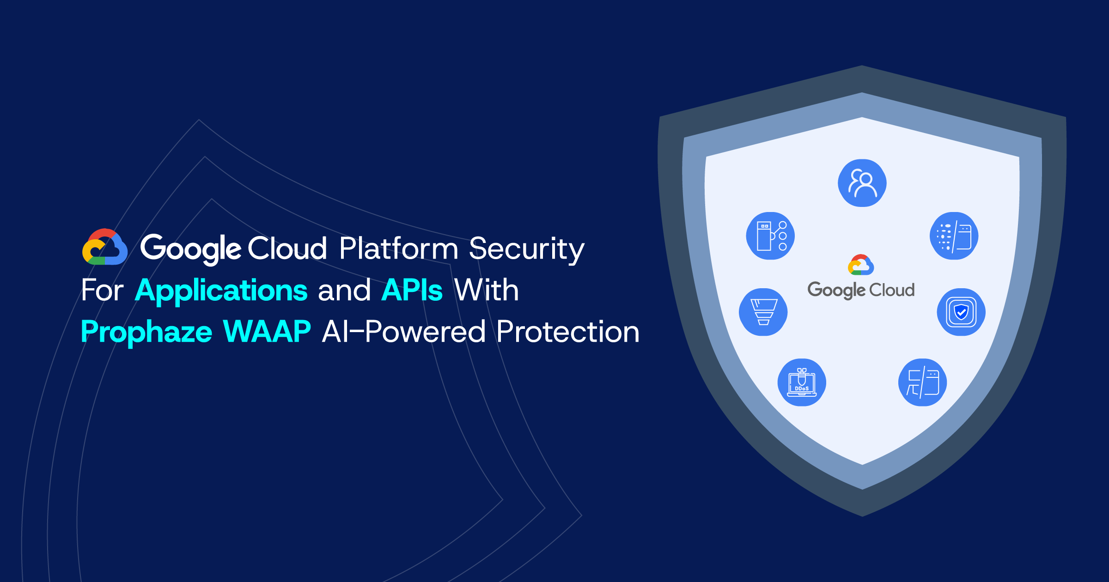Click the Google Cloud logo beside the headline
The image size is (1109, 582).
coord(105,247)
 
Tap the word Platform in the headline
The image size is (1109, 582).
coord(398,249)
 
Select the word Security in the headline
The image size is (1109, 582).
coord(527,249)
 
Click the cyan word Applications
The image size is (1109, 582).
coord(221,291)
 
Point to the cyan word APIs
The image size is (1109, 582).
coord(412,291)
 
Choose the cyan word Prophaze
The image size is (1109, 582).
coord(146,332)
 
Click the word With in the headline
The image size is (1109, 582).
coord(486,291)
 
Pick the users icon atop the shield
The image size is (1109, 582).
coord(862,183)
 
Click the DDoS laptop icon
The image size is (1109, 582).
coord(802,382)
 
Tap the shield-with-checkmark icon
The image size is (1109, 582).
coord(961,312)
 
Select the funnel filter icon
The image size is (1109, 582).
coord(763,312)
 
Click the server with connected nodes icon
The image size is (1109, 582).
coord(770,236)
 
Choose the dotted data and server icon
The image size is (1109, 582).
coord(954,236)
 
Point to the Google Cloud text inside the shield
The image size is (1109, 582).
coord(861,290)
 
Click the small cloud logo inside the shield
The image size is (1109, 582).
coord(861,265)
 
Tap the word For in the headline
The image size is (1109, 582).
coord(102,291)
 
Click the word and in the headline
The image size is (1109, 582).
coord(344,291)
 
